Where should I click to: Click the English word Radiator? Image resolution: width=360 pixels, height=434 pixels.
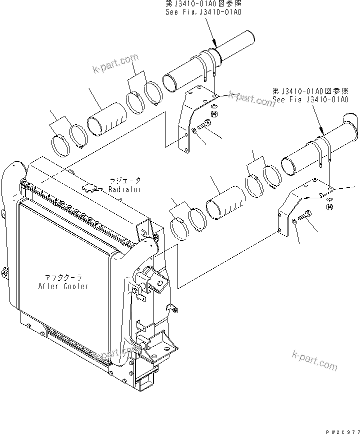(125, 189)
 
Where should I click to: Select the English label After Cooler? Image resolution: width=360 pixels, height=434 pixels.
(63, 286)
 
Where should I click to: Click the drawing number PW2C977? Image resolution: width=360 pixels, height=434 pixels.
(342, 429)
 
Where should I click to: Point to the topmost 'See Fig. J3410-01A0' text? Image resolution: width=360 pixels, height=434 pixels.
(203, 12)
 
